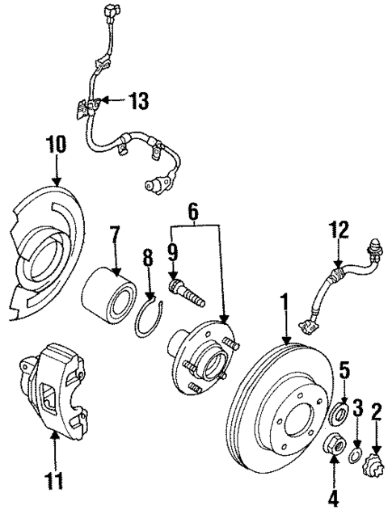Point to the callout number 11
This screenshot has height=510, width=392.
[53, 483]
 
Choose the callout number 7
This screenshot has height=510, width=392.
[114, 235]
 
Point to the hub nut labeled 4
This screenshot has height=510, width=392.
[333, 445]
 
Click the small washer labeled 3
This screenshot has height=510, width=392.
[355, 458]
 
